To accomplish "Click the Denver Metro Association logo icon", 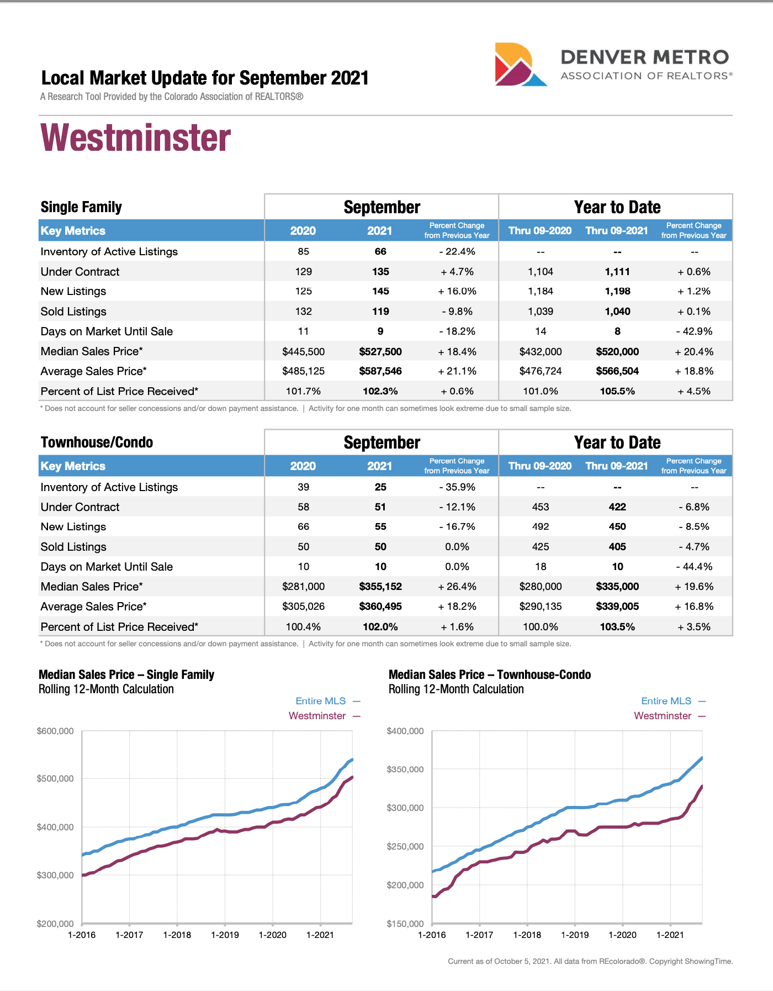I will click(x=520, y=65).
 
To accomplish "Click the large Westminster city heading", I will click(x=136, y=138).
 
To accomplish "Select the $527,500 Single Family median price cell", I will click(x=380, y=352).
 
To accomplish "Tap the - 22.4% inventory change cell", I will click(x=457, y=252).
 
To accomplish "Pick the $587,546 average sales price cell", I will click(x=380, y=372).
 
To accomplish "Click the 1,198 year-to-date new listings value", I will click(x=617, y=292).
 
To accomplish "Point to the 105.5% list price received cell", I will click(x=617, y=392).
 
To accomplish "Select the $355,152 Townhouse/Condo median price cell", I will click(x=380, y=587).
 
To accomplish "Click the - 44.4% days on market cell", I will click(x=694, y=567).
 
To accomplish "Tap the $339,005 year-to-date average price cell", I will click(x=617, y=607).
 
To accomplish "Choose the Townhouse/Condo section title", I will click(x=97, y=442).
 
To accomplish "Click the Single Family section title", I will click(x=81, y=207).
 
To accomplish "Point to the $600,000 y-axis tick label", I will click(x=55, y=731).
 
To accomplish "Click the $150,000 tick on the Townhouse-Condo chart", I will click(x=405, y=924).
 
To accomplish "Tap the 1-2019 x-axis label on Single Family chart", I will click(x=225, y=935).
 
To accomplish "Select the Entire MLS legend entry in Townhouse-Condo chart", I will click(x=666, y=701).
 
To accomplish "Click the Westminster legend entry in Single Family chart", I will click(x=317, y=716).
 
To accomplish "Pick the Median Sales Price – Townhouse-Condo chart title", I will click(x=490, y=675).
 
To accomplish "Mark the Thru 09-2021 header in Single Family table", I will click(x=617, y=231).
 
